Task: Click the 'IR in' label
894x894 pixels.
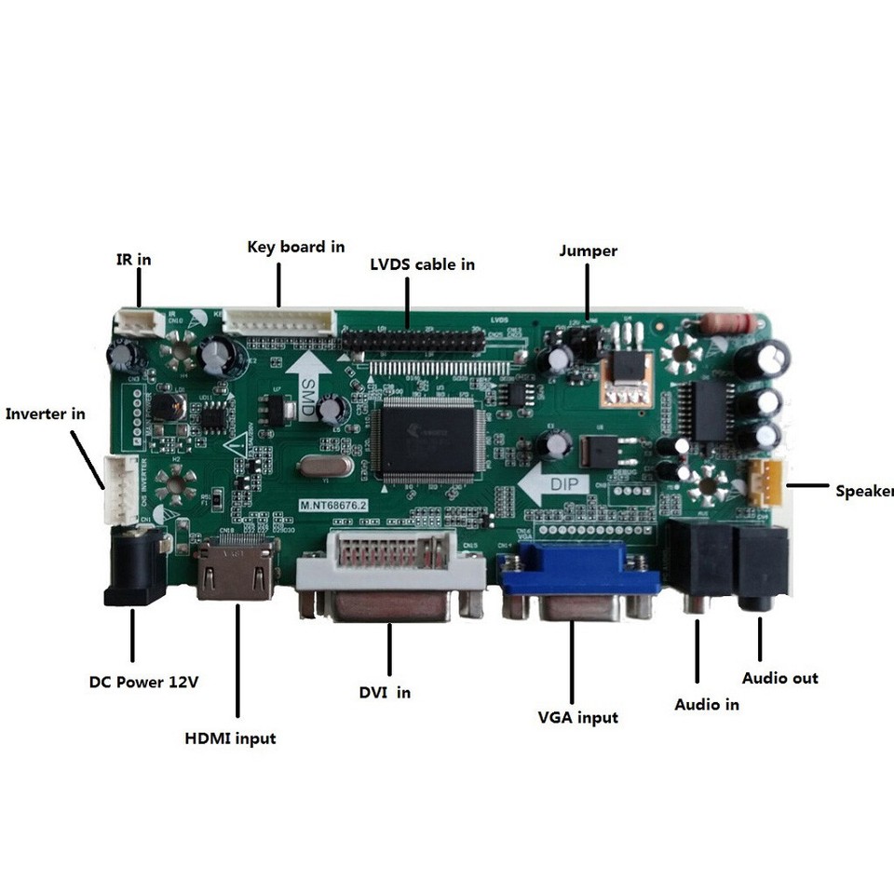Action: pyautogui.click(x=133, y=260)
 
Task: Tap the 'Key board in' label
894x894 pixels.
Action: pyautogui.click(x=296, y=247)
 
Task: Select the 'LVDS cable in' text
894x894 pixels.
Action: pyautogui.click(x=423, y=264)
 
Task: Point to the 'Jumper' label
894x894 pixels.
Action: pyautogui.click(x=588, y=251)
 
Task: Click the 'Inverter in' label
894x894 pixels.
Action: pyautogui.click(x=46, y=413)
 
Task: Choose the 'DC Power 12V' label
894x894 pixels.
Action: pyautogui.click(x=144, y=682)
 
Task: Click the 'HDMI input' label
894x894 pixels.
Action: pyautogui.click(x=230, y=738)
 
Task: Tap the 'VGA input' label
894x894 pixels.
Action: pyautogui.click(x=577, y=717)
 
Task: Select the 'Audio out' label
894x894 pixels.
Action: pyautogui.click(x=779, y=678)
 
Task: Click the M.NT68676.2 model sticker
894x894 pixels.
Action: pyautogui.click(x=334, y=505)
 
